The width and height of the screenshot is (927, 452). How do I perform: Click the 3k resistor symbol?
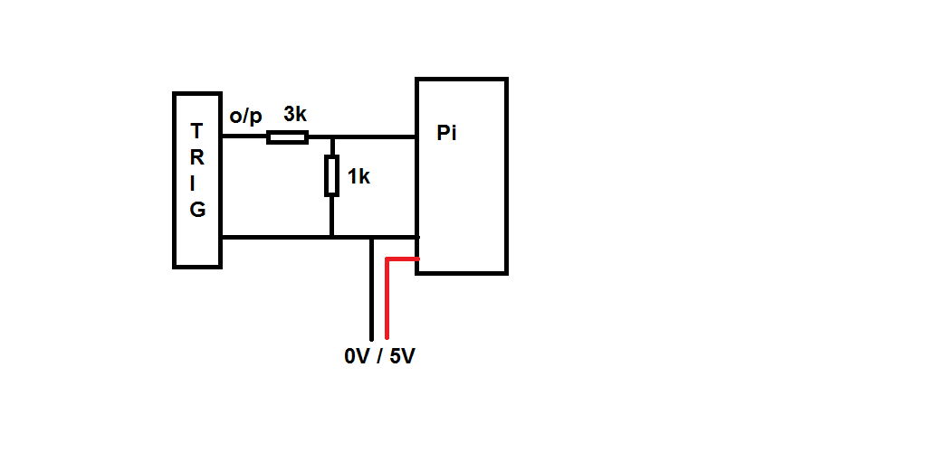point(287,137)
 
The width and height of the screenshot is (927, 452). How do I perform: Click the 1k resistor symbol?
point(332,175)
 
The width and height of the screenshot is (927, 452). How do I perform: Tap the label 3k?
point(296,115)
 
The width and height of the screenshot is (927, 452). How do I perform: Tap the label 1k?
point(358,177)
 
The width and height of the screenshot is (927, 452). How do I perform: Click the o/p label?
point(245,116)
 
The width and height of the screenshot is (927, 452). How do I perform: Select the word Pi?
point(446,134)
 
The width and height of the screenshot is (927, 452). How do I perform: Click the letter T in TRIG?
point(197,130)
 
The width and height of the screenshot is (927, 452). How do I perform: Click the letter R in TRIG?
point(197,156)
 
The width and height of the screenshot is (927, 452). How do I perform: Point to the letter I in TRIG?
point(197,183)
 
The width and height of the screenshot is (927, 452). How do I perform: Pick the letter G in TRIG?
point(197,210)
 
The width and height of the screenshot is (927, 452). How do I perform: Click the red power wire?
point(387,298)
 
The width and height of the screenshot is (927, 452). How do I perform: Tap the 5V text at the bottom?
point(403,356)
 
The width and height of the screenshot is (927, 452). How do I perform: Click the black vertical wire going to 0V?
point(371,289)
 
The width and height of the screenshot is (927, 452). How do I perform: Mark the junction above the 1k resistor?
point(332,137)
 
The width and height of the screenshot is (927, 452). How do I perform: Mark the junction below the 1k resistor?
point(332,238)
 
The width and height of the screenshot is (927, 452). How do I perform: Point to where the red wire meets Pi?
point(416,259)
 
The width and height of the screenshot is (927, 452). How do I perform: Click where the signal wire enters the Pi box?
point(415,137)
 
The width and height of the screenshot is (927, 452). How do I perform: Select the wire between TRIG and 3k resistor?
point(244,137)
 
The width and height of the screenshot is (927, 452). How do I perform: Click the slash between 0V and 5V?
point(380,356)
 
